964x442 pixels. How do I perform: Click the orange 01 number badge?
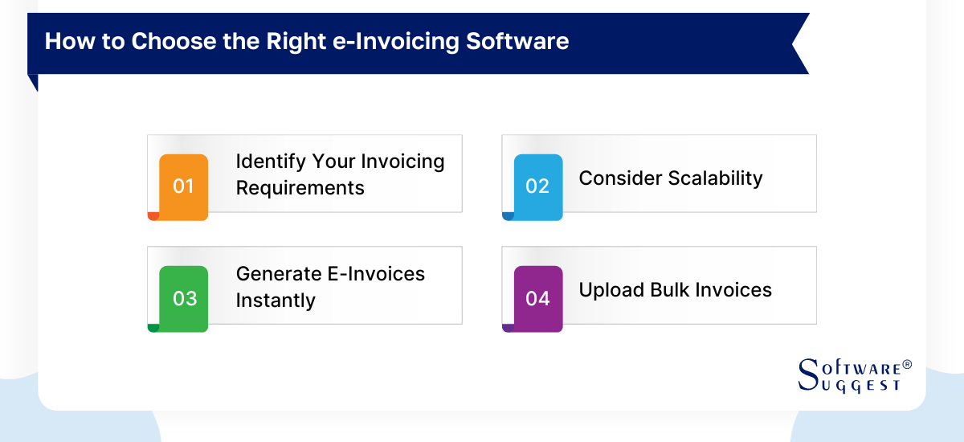coord(184,186)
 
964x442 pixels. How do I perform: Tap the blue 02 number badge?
coord(537,186)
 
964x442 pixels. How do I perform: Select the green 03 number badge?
coord(184,298)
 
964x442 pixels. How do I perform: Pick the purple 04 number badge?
coord(537,298)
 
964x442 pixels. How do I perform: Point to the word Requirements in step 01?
coord(300,188)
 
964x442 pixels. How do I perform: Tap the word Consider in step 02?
coord(613,178)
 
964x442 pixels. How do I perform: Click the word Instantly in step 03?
coord(276,301)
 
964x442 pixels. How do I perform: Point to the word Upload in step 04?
coord(607,290)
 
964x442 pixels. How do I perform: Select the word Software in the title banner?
coord(520,42)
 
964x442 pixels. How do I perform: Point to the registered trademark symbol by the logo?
coord(907,365)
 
